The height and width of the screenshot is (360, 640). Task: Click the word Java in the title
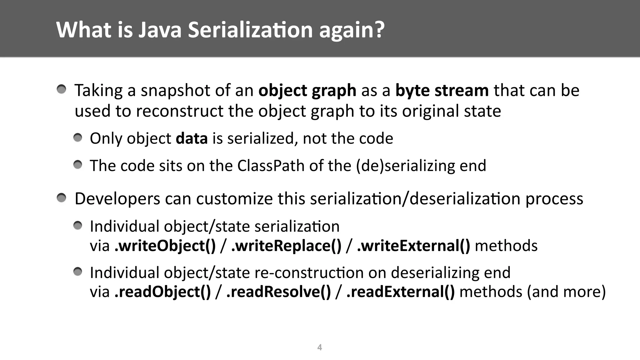tap(160, 30)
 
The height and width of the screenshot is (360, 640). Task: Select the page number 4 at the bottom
tap(320, 347)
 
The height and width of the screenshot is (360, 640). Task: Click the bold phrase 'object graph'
tap(307, 91)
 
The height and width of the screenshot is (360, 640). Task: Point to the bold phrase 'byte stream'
tap(442, 91)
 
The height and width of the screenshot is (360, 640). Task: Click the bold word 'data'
tap(192, 138)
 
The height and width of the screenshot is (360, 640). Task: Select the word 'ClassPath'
tap(271, 166)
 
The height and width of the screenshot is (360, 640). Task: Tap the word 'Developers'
tap(117, 199)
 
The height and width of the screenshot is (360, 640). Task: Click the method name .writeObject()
tap(165, 246)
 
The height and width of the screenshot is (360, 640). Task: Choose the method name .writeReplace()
tap(286, 246)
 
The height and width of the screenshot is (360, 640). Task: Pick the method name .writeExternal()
tap(413, 246)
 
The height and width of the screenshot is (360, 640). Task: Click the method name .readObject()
tap(162, 292)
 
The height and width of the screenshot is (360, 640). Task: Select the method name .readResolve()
tap(278, 292)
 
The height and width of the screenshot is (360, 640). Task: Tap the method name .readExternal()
tap(401, 292)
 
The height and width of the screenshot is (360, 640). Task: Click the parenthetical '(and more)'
tap(566, 292)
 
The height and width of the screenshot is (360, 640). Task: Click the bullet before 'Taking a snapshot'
tap(62, 90)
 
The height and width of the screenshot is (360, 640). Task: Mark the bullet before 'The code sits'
tap(78, 165)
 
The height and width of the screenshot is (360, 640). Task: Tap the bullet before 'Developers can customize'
tap(62, 198)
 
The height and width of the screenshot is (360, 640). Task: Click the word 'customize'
tap(234, 199)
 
